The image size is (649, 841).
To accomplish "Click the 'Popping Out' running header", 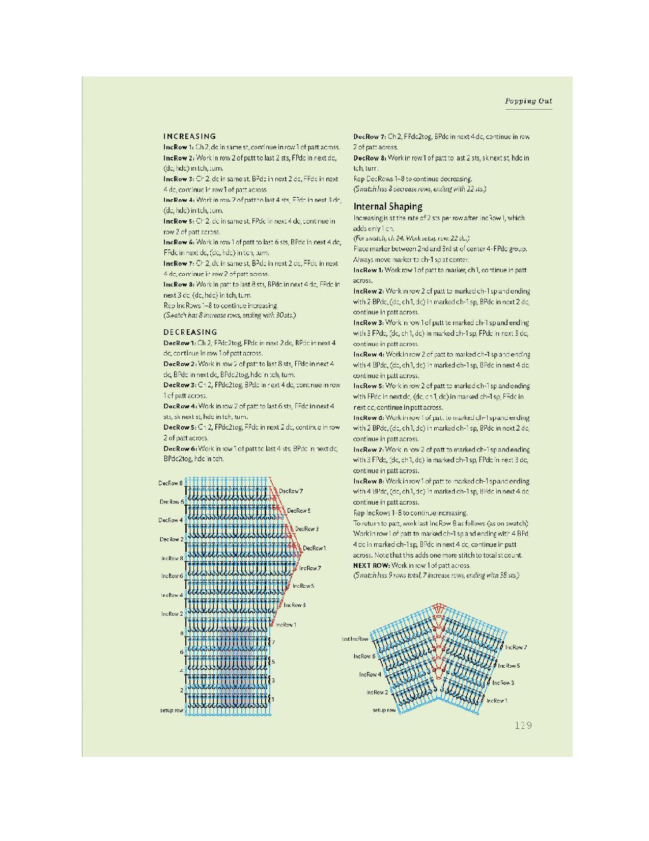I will pos(528,101).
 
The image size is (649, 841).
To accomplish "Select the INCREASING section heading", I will pos(189,136).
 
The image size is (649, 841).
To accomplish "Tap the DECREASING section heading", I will pos(190,332).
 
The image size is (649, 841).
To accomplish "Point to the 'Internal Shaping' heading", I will pos(388,206).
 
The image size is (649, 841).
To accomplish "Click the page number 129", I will pos(523,725).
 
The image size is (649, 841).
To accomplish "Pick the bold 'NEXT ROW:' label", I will pos(372,565).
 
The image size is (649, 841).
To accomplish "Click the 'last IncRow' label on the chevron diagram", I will pos(355,639).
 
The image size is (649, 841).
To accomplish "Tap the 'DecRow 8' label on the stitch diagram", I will pos(171,483).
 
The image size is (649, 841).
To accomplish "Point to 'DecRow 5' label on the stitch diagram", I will pos(299,510).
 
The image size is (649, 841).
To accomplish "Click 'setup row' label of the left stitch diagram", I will pos(172,710).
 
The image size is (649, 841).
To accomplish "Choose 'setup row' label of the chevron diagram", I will pos(384,710).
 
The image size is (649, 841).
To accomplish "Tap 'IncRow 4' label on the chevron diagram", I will pos(370,674).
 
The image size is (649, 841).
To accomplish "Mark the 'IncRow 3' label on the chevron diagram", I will pos(503,682).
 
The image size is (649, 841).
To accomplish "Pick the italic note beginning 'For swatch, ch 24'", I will pos(411,239).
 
